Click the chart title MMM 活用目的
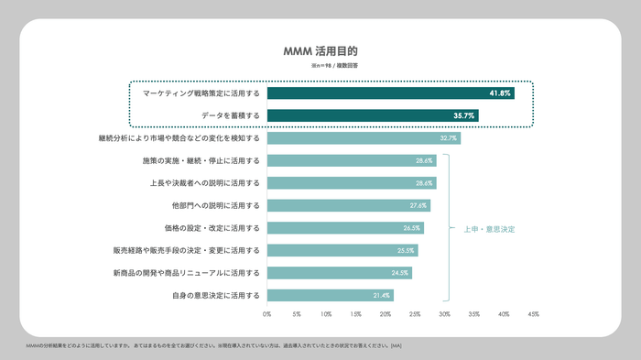pyautogui.click(x=320, y=52)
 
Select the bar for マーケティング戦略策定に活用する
pyautogui.click(x=390, y=93)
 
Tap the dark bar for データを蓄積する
pyautogui.click(x=372, y=115)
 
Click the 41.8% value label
pyautogui.click(x=499, y=93)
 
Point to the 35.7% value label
pyautogui.click(x=463, y=115)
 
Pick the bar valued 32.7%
pyautogui.click(x=364, y=138)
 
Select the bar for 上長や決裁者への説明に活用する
pyautogui.click(x=352, y=183)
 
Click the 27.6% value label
pyautogui.click(x=418, y=205)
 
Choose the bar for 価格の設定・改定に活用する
pyautogui.click(x=345, y=228)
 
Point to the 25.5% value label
pyautogui.click(x=406, y=250)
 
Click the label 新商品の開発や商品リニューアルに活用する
pyautogui.click(x=187, y=273)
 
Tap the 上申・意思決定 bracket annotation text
pyautogui.click(x=482, y=228)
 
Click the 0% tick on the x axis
pyautogui.click(x=267, y=314)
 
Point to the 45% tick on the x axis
pyautogui.click(x=533, y=314)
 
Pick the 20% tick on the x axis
pyautogui.click(x=386, y=314)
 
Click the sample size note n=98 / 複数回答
pyautogui.click(x=334, y=67)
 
